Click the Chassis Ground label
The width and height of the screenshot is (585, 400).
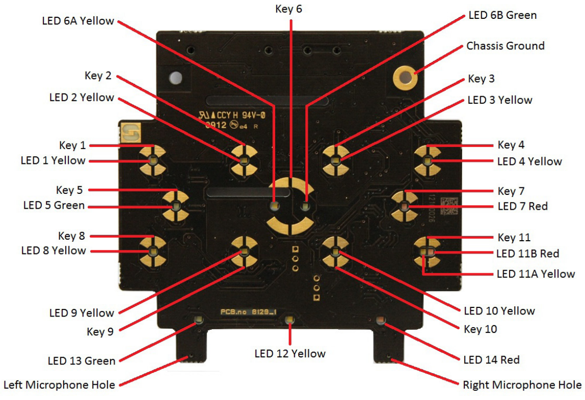coord(505,46)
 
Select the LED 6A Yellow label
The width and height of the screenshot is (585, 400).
coord(78,21)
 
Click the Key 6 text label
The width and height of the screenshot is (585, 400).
coord(289,9)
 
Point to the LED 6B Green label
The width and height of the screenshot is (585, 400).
coord(502,15)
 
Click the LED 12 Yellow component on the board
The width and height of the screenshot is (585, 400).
coord(289,320)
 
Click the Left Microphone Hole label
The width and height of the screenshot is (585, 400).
coord(59,385)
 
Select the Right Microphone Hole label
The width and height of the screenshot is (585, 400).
coord(522,385)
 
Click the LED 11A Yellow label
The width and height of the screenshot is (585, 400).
coord(536,274)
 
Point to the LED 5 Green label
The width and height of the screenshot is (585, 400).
coord(54,206)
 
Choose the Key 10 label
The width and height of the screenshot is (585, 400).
coord(480,329)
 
